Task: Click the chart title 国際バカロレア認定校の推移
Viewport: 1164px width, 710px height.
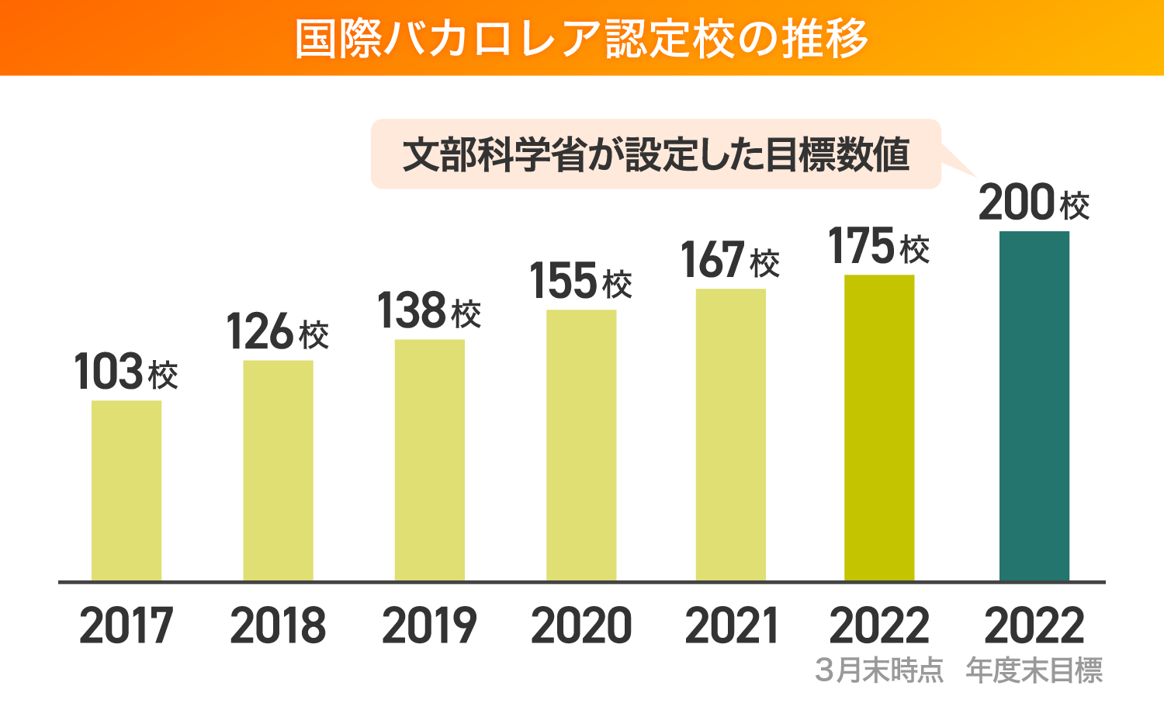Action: (581, 38)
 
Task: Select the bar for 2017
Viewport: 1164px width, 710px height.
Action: (126, 490)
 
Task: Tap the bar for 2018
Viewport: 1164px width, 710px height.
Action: (278, 470)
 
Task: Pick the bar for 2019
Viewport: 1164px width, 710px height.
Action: (429, 460)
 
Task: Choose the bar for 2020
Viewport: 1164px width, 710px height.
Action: (581, 445)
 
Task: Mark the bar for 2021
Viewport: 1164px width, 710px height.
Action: (730, 435)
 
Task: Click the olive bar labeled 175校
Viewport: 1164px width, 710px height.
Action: (879, 428)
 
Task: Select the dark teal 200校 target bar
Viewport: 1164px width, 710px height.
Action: (1034, 406)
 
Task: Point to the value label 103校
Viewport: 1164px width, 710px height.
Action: (126, 372)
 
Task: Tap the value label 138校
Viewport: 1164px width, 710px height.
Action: (429, 311)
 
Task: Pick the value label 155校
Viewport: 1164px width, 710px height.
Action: (581, 282)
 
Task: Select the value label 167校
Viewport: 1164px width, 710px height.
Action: (730, 261)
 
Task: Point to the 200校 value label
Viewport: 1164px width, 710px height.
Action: (1034, 203)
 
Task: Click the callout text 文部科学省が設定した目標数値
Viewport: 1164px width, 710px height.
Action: (656, 154)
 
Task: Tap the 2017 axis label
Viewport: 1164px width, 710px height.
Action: (126, 625)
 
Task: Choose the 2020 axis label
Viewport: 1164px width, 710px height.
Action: (581, 625)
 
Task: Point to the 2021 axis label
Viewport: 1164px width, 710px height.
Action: (730, 625)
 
